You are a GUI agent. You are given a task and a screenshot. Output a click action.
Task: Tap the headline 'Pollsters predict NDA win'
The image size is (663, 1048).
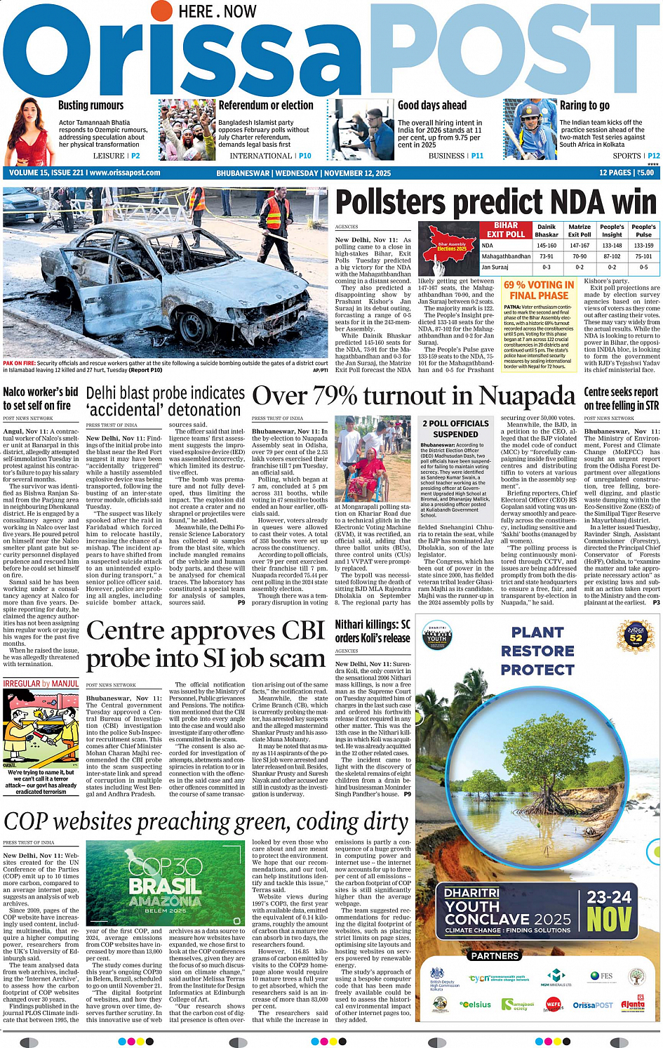tap(496, 203)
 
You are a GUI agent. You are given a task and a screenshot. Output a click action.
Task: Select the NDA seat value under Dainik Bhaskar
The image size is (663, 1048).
tap(547, 246)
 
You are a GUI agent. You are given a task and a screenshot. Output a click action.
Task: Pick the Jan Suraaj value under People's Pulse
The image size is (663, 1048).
tap(643, 267)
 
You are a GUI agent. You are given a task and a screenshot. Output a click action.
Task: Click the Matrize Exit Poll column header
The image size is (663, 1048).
tap(580, 231)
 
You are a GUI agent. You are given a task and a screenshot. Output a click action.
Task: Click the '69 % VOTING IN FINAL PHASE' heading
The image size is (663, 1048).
tap(539, 291)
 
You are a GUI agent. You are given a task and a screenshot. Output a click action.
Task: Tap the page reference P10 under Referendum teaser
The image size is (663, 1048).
tap(305, 156)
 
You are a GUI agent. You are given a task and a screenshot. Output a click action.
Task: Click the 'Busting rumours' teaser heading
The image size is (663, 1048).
tap(91, 105)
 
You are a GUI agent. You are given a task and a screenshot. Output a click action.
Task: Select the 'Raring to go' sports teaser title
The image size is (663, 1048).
tap(584, 105)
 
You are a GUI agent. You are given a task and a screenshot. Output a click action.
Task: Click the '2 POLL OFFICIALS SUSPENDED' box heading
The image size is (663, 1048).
tap(455, 429)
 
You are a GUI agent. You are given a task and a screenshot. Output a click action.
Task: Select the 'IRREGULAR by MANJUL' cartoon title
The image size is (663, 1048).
tap(41, 684)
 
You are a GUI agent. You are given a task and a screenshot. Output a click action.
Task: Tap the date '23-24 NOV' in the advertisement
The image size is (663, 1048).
tap(609, 910)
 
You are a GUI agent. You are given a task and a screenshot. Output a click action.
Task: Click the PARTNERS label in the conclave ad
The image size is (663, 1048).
tap(495, 956)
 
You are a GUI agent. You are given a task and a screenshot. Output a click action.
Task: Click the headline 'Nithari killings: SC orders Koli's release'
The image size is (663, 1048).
tap(373, 631)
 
